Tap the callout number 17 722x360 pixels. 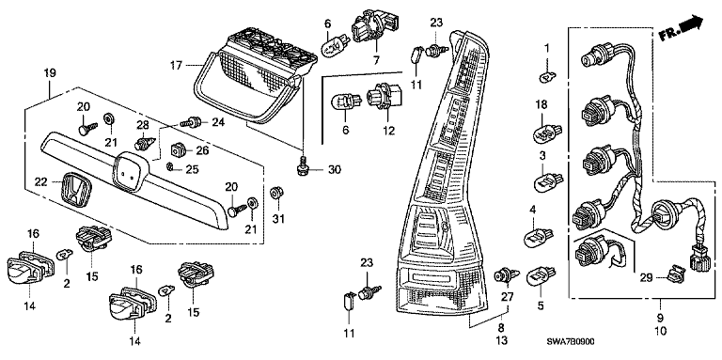[178, 66]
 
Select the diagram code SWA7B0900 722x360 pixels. [570, 342]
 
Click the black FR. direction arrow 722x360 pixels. [692, 23]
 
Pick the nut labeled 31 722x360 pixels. [276, 192]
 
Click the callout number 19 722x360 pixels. [50, 72]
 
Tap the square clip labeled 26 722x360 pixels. [178, 149]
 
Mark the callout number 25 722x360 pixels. [192, 169]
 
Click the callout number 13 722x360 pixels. [501, 340]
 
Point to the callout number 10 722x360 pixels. [660, 330]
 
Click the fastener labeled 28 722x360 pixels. [144, 143]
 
